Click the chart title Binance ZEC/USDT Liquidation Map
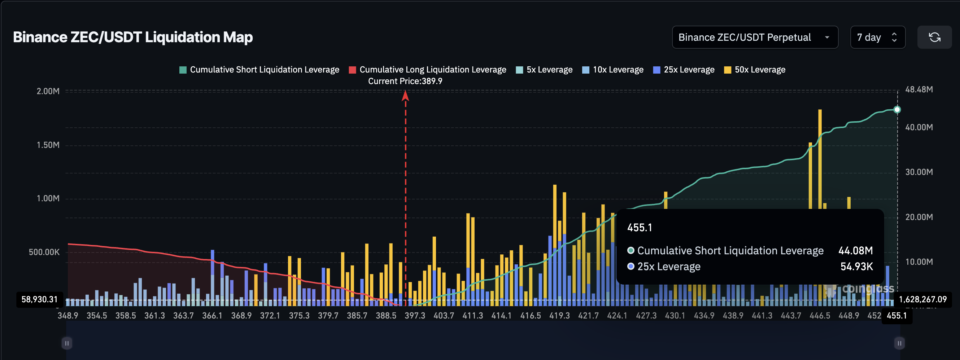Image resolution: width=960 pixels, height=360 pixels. pos(133,37)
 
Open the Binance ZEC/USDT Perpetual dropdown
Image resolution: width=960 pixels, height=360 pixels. pos(754,37)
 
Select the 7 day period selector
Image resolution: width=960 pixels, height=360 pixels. pos(877,37)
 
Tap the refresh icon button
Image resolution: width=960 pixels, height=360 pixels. pos(934,37)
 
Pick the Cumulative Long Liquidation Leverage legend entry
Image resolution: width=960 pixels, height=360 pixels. pos(427,70)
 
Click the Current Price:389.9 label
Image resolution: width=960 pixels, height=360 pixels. pos(405,81)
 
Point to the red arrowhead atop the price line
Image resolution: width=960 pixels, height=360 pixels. pos(405,96)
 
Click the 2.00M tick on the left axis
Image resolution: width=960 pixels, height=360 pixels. pos(48,91)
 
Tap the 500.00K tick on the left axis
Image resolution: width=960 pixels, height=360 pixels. pos(44,252)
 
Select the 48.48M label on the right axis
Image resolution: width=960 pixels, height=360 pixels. pos(918,89)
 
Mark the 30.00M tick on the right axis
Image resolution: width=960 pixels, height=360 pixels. pos(918,172)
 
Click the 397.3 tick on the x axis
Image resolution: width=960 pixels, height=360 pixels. pos(414,316)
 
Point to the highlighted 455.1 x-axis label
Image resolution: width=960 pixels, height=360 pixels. pos(896,316)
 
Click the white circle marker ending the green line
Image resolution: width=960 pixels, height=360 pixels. pos(896,110)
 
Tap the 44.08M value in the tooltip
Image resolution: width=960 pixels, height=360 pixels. pos(855,250)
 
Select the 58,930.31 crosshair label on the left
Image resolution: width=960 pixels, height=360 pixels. pos(39,299)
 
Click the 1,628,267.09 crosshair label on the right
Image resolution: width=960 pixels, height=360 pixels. pos(922,299)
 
